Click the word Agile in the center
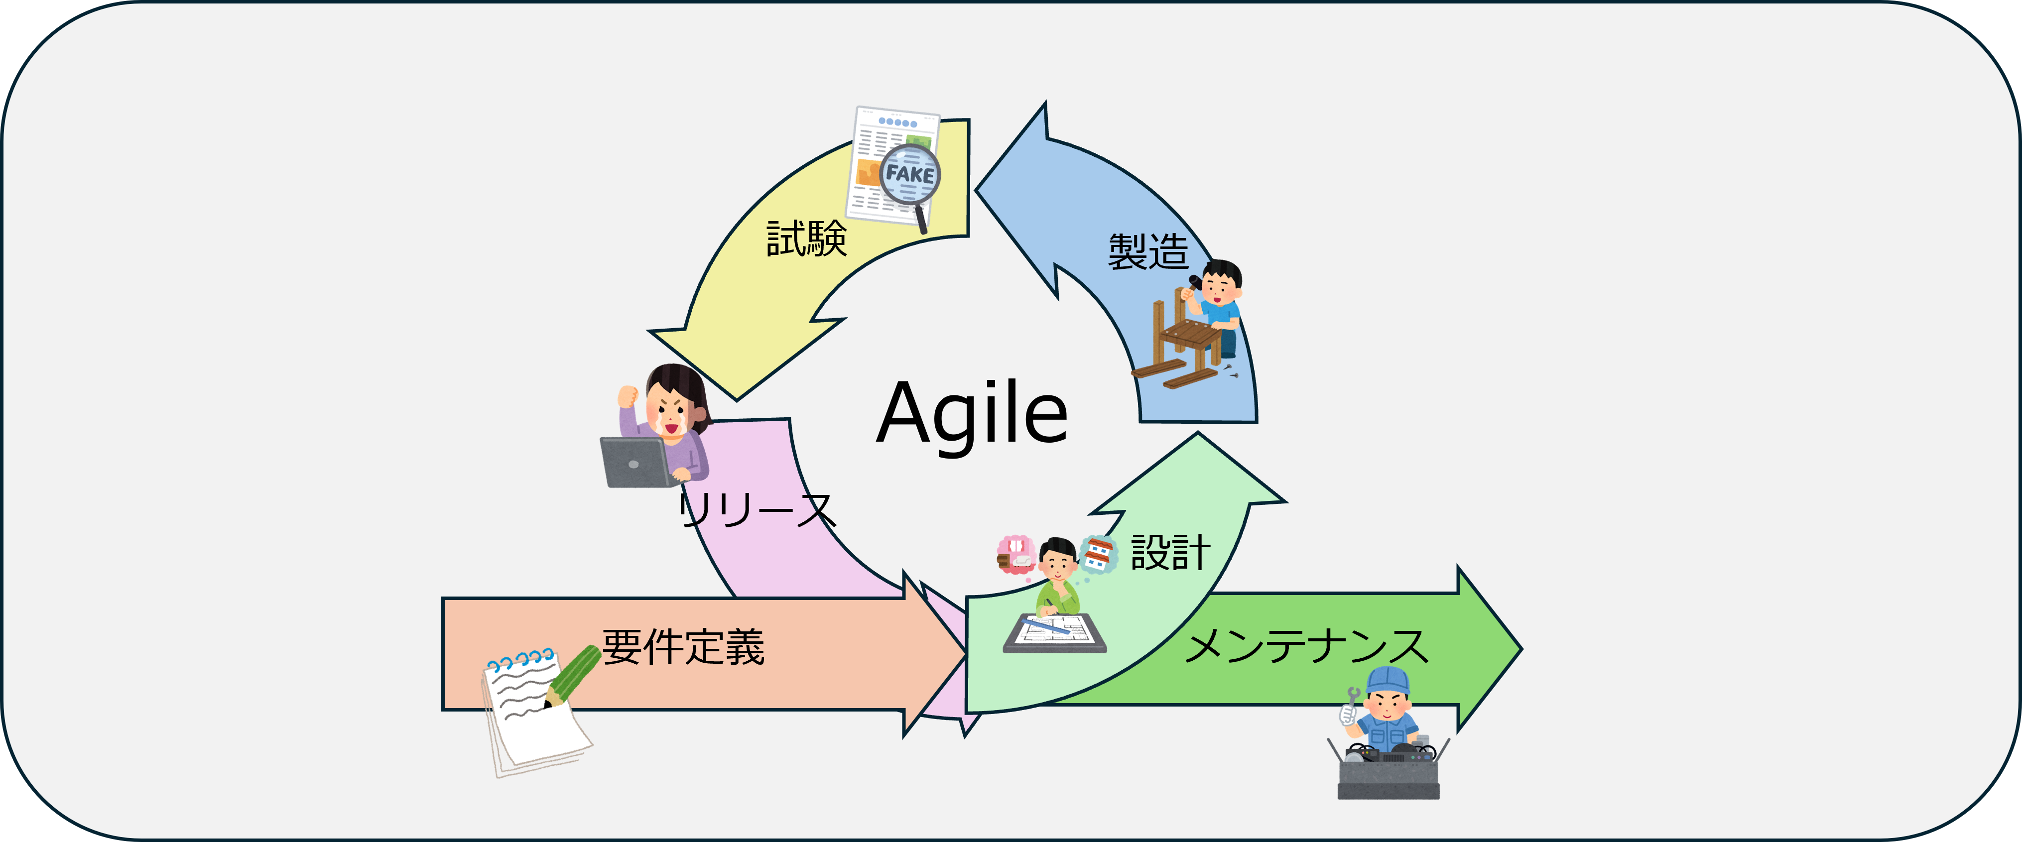(x=972, y=414)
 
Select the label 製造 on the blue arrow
(x=1147, y=252)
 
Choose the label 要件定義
(x=683, y=647)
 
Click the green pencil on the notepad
(x=573, y=674)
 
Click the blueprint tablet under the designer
(x=1054, y=632)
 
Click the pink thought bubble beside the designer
(x=1015, y=553)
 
